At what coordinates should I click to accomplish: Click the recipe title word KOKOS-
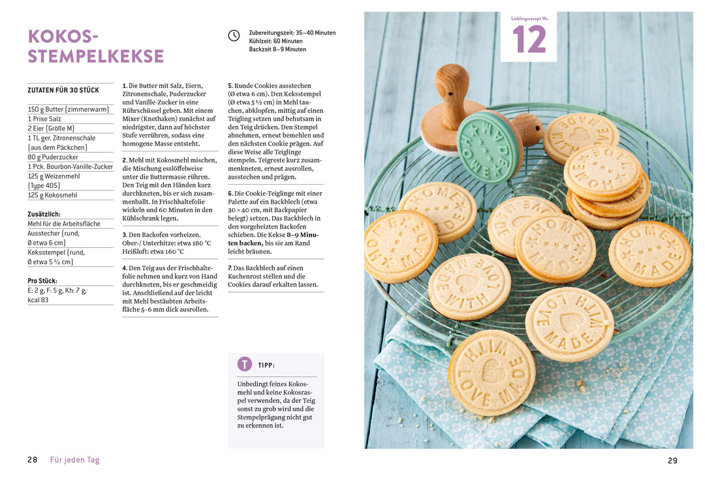(63, 36)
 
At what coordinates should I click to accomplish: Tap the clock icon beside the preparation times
(234, 36)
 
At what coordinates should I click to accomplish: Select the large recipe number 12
(529, 39)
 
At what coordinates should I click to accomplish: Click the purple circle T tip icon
(244, 365)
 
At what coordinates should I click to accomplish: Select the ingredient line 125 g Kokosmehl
(52, 195)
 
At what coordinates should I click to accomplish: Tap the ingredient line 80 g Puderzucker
(53, 157)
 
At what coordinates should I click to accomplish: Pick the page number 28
(33, 460)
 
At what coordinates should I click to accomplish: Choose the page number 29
(672, 461)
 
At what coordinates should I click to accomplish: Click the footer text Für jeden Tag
(75, 460)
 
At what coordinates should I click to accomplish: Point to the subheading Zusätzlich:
(44, 214)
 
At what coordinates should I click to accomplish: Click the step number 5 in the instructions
(230, 85)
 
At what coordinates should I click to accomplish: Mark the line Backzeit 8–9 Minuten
(277, 50)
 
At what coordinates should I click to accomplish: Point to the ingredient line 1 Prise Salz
(44, 119)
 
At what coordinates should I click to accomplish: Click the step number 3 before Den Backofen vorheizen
(124, 234)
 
